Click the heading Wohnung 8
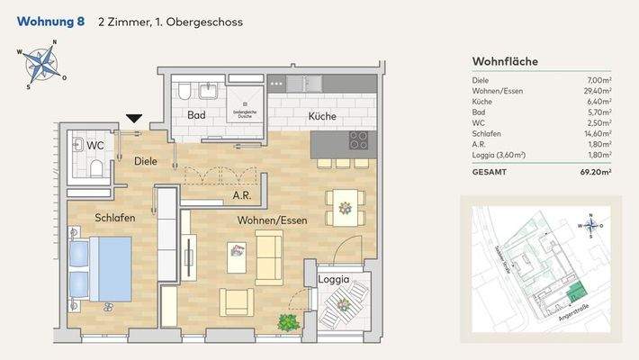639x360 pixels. click(51, 21)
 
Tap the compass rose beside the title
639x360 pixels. click(38, 64)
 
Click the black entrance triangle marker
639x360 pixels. click(135, 118)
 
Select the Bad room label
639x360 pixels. click(196, 115)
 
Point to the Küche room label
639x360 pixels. click(322, 116)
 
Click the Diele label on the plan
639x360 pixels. click(146, 161)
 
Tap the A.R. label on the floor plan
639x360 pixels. click(241, 194)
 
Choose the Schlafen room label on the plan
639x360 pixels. click(115, 218)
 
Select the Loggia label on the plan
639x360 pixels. click(333, 280)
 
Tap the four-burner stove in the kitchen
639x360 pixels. click(359, 140)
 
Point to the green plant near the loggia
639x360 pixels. click(288, 321)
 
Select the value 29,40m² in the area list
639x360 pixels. click(592, 91)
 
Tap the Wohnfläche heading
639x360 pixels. click(505, 61)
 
